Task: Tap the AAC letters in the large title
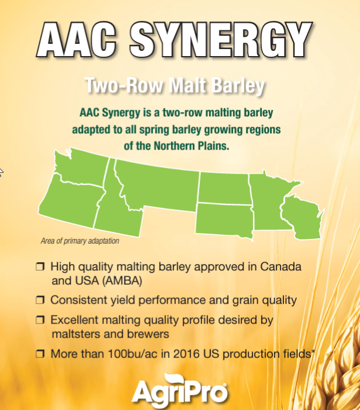[x=77, y=40]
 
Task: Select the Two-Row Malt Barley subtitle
[x=175, y=85]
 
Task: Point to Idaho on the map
[x=115, y=209]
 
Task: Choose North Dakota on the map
[x=224, y=188]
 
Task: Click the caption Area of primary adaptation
[x=80, y=241]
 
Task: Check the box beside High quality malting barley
[x=40, y=266]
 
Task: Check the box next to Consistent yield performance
[x=40, y=300]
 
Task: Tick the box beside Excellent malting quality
[x=40, y=319]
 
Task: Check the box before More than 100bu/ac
[x=40, y=354]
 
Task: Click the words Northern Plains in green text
[x=192, y=145]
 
